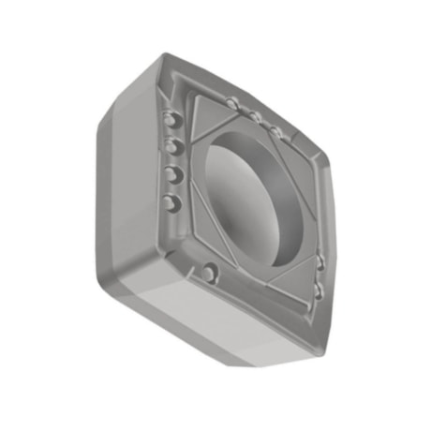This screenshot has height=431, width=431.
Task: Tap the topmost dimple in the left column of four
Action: point(170,119)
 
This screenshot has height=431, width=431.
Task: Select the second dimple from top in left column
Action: point(171,146)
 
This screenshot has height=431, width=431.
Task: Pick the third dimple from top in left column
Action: point(171,173)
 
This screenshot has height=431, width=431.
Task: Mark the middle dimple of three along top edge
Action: point(254,116)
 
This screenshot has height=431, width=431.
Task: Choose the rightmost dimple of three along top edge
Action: point(275,128)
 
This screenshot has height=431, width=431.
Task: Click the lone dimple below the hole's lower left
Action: point(210,274)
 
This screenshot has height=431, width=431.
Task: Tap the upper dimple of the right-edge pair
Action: point(321,263)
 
